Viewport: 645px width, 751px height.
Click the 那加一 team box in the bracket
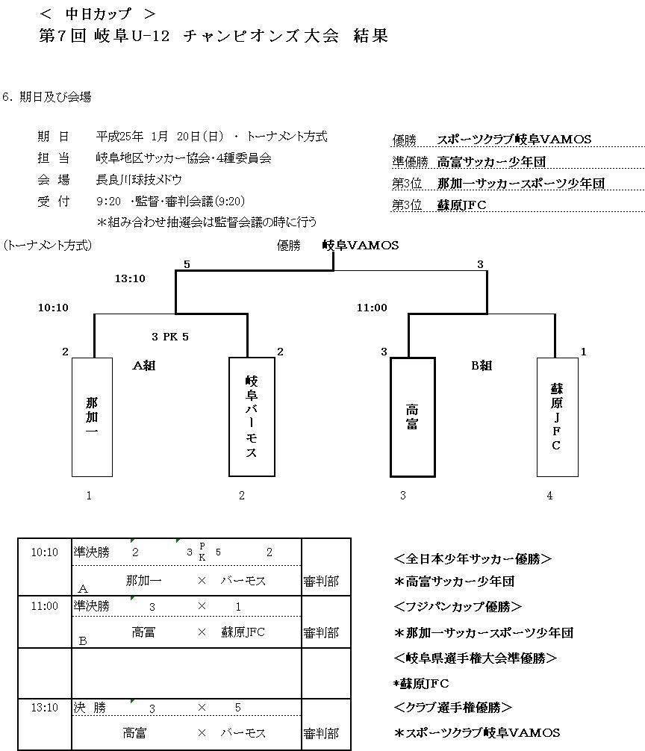click(x=92, y=417)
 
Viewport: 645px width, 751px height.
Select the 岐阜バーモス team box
click(x=251, y=417)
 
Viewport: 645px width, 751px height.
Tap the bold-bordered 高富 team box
click(x=412, y=417)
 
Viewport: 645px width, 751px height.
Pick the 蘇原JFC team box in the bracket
click(x=556, y=417)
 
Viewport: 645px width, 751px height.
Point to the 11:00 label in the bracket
click(x=372, y=307)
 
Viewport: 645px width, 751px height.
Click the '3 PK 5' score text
click(x=170, y=337)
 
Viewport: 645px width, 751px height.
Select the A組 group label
click(x=144, y=366)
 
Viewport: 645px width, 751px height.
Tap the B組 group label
click(x=482, y=366)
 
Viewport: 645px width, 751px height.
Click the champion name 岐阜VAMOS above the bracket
click(x=361, y=245)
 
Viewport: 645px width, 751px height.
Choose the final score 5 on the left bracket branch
click(x=187, y=264)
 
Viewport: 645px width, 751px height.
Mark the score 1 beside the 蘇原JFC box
click(x=583, y=352)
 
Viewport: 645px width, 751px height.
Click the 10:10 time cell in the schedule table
click(x=44, y=552)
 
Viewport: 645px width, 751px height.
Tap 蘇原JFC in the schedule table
click(x=243, y=632)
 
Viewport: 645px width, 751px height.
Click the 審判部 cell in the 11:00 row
click(x=321, y=633)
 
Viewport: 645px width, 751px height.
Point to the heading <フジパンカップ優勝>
click(x=457, y=607)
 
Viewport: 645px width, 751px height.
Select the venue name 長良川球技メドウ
click(x=139, y=180)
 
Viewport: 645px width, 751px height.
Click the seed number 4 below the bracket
click(x=550, y=495)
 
